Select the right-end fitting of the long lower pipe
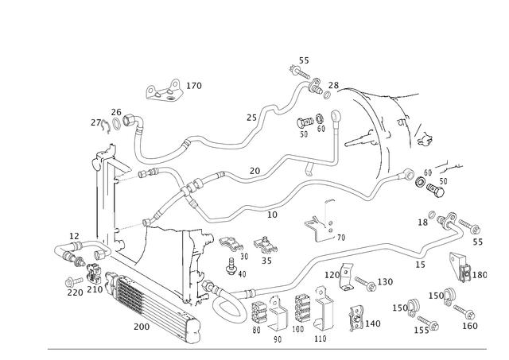tap(475, 230)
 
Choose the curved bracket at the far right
tap(460, 265)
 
